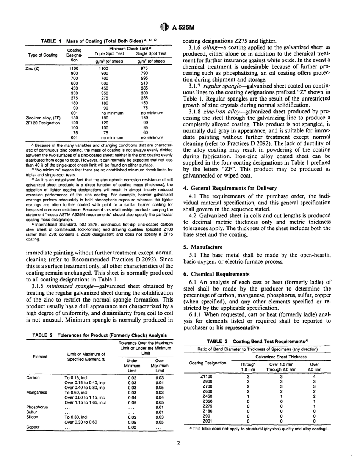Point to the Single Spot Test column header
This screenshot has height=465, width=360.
coord(151,54)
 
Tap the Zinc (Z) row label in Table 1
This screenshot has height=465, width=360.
coord(33,69)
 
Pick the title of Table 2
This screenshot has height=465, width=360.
coord(99,335)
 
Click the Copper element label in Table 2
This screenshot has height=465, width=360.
coord(33,427)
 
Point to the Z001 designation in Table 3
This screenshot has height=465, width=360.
coord(207,420)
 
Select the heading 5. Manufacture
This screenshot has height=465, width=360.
coord(203,247)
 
